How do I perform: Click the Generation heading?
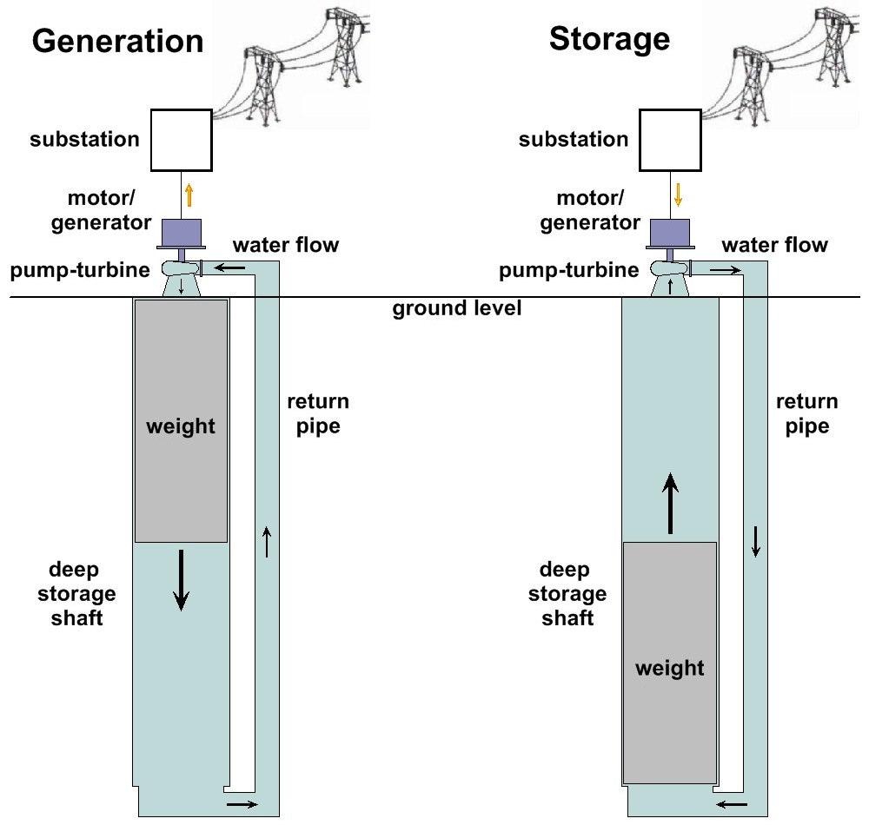(x=117, y=41)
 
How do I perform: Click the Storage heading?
(x=609, y=39)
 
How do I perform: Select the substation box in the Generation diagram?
(x=181, y=140)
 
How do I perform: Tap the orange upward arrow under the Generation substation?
(x=189, y=195)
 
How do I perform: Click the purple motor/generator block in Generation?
(x=182, y=232)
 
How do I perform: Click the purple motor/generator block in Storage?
(x=671, y=232)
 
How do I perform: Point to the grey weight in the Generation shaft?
(x=181, y=421)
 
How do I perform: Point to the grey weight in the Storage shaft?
(x=669, y=663)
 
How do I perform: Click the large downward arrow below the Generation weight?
(x=181, y=580)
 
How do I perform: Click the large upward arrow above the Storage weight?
(x=670, y=504)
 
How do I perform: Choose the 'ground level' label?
(x=457, y=308)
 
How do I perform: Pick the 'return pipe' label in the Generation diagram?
(x=318, y=414)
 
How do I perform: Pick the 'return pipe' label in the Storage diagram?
(x=806, y=414)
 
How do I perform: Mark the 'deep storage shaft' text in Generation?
(x=83, y=593)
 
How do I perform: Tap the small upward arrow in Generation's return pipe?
(x=267, y=542)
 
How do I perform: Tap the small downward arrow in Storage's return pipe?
(x=756, y=542)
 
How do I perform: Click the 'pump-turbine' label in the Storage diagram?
(x=568, y=270)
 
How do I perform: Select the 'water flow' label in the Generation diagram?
(x=286, y=245)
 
